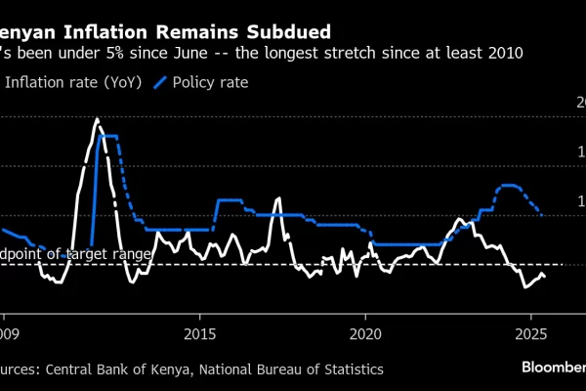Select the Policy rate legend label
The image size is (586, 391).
(x=212, y=83)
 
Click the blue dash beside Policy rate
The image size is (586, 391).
(x=160, y=83)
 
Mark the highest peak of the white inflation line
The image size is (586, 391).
(x=97, y=119)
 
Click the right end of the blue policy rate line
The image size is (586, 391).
(x=541, y=214)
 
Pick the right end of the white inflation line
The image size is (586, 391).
(x=545, y=278)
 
